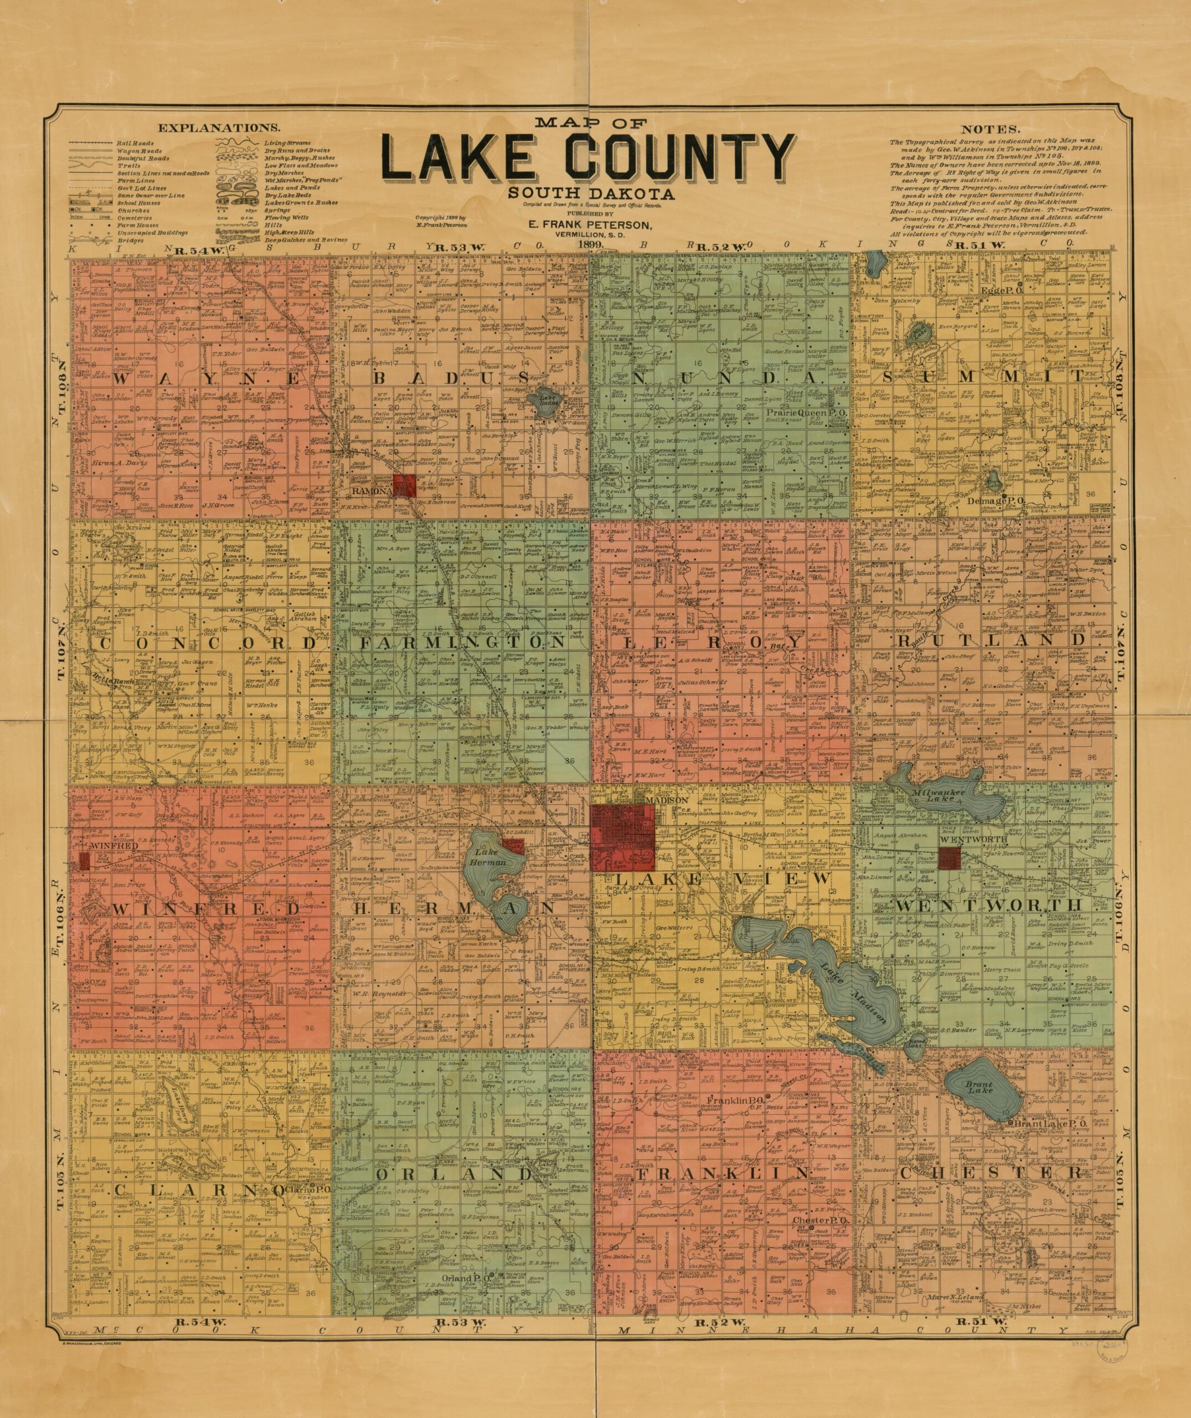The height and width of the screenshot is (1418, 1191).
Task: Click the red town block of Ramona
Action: (x=404, y=485)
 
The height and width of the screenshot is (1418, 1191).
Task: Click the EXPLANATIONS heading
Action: (x=218, y=127)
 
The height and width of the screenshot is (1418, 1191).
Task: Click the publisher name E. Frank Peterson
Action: (x=591, y=224)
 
